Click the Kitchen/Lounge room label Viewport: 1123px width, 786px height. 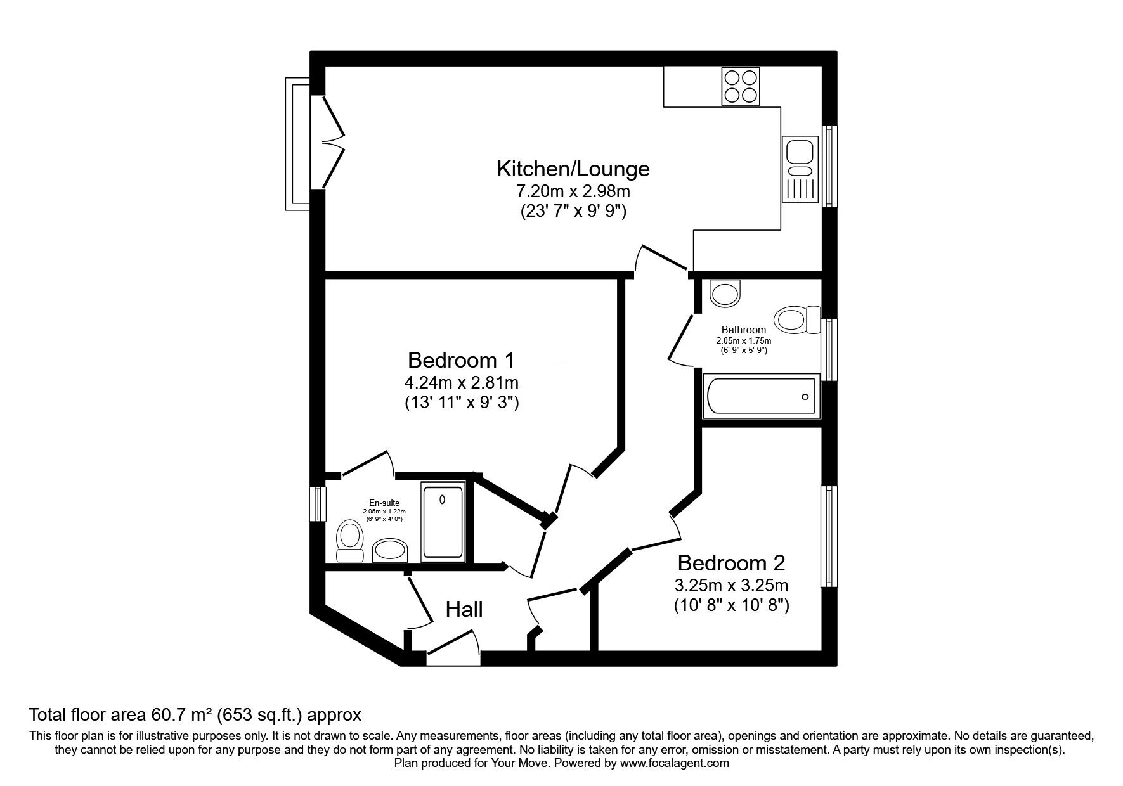click(573, 169)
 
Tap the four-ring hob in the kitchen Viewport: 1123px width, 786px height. click(741, 87)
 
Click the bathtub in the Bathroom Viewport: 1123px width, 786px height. click(760, 397)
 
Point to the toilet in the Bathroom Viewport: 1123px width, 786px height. click(796, 319)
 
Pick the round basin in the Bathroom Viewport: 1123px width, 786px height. click(725, 293)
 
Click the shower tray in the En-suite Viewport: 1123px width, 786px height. click(443, 522)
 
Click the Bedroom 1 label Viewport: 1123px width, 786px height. click(461, 360)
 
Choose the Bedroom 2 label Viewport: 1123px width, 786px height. click(731, 563)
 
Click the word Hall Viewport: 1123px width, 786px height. click(464, 610)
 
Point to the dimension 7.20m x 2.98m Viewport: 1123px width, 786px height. click(573, 191)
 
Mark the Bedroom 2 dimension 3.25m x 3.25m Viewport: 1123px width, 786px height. click(731, 584)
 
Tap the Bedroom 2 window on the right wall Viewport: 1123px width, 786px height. click(829, 536)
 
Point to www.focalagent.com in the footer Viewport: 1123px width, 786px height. click(674, 763)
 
